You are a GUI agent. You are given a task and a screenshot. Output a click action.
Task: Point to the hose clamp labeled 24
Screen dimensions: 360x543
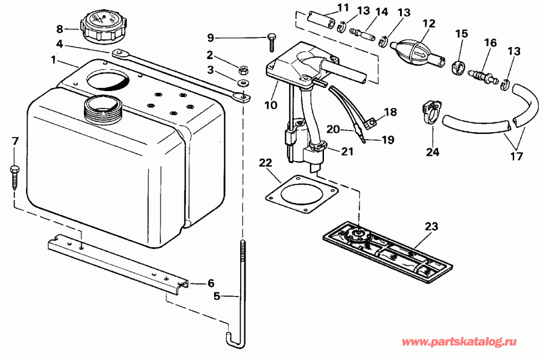tap(431, 113)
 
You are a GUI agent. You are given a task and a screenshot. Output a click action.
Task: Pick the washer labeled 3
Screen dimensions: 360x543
tap(244, 82)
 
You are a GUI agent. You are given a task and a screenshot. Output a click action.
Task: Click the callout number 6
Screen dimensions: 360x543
tap(211, 283)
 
